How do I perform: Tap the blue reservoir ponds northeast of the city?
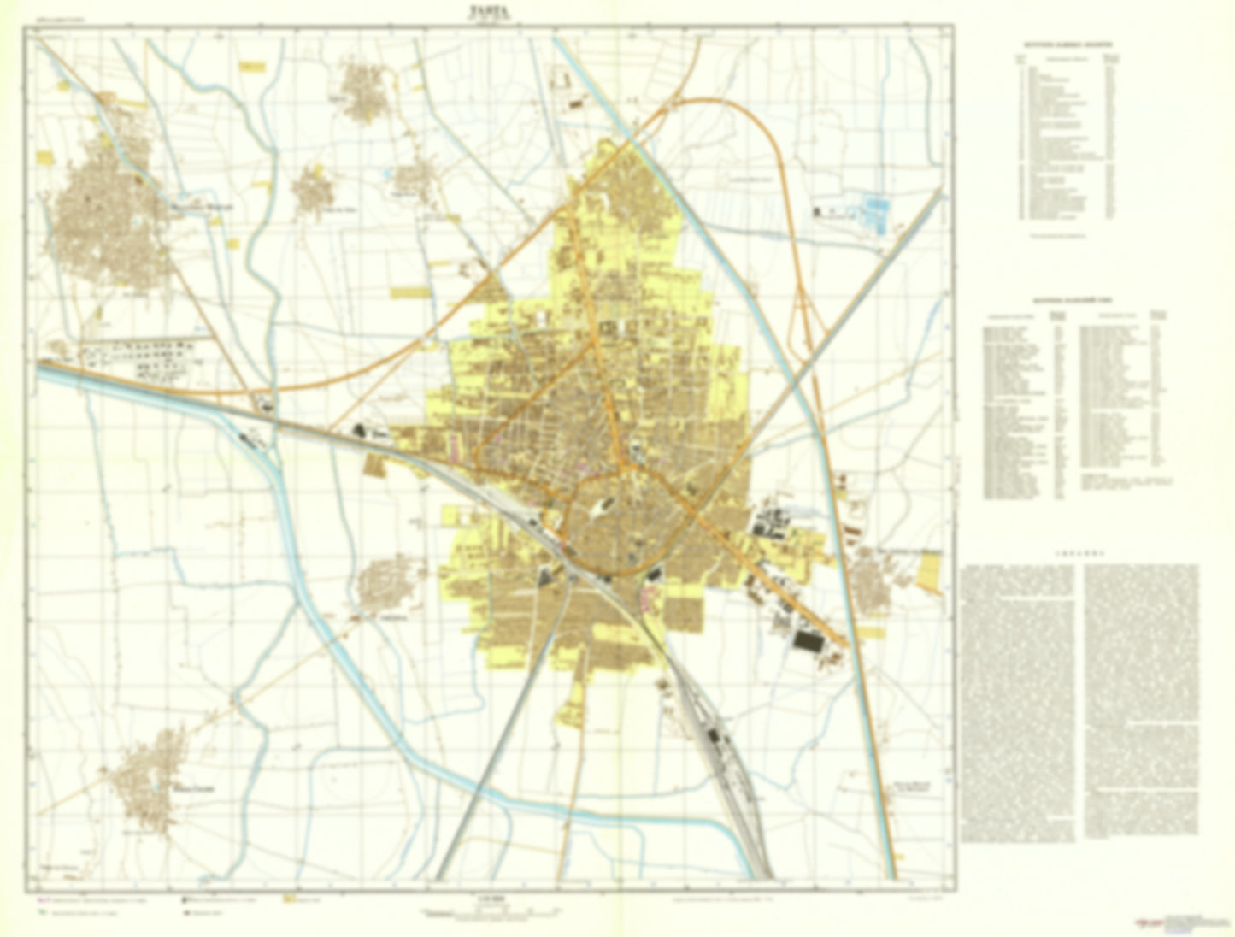tap(877, 212)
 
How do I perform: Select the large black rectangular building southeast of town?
tap(806, 641)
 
